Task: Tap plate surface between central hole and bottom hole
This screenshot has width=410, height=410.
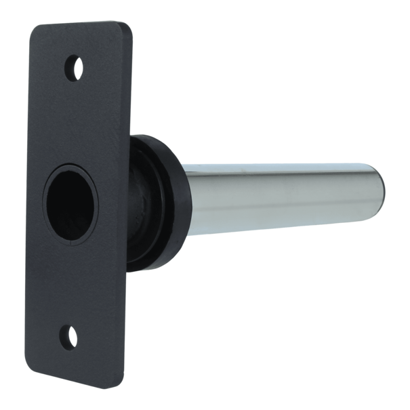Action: coord(71,278)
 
